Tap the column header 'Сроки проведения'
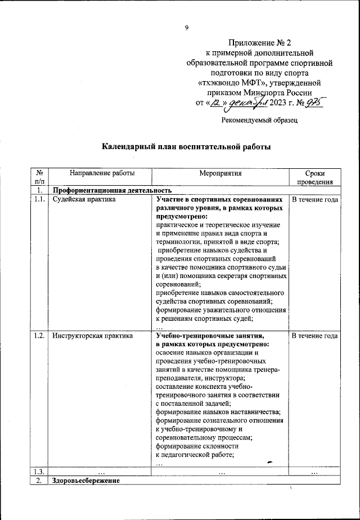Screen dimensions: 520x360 click(x=314, y=178)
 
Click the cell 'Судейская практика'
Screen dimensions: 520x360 click(x=83, y=199)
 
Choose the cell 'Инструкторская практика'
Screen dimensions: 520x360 click(x=92, y=336)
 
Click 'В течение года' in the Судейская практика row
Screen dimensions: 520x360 click(x=314, y=199)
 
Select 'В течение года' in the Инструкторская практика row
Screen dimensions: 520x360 click(x=314, y=336)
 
